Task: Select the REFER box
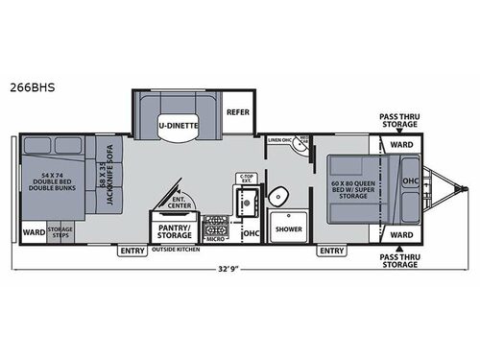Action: (239, 111)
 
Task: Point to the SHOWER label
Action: (288, 230)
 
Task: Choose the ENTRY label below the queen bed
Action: (331, 252)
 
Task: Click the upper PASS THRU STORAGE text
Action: (398, 117)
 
